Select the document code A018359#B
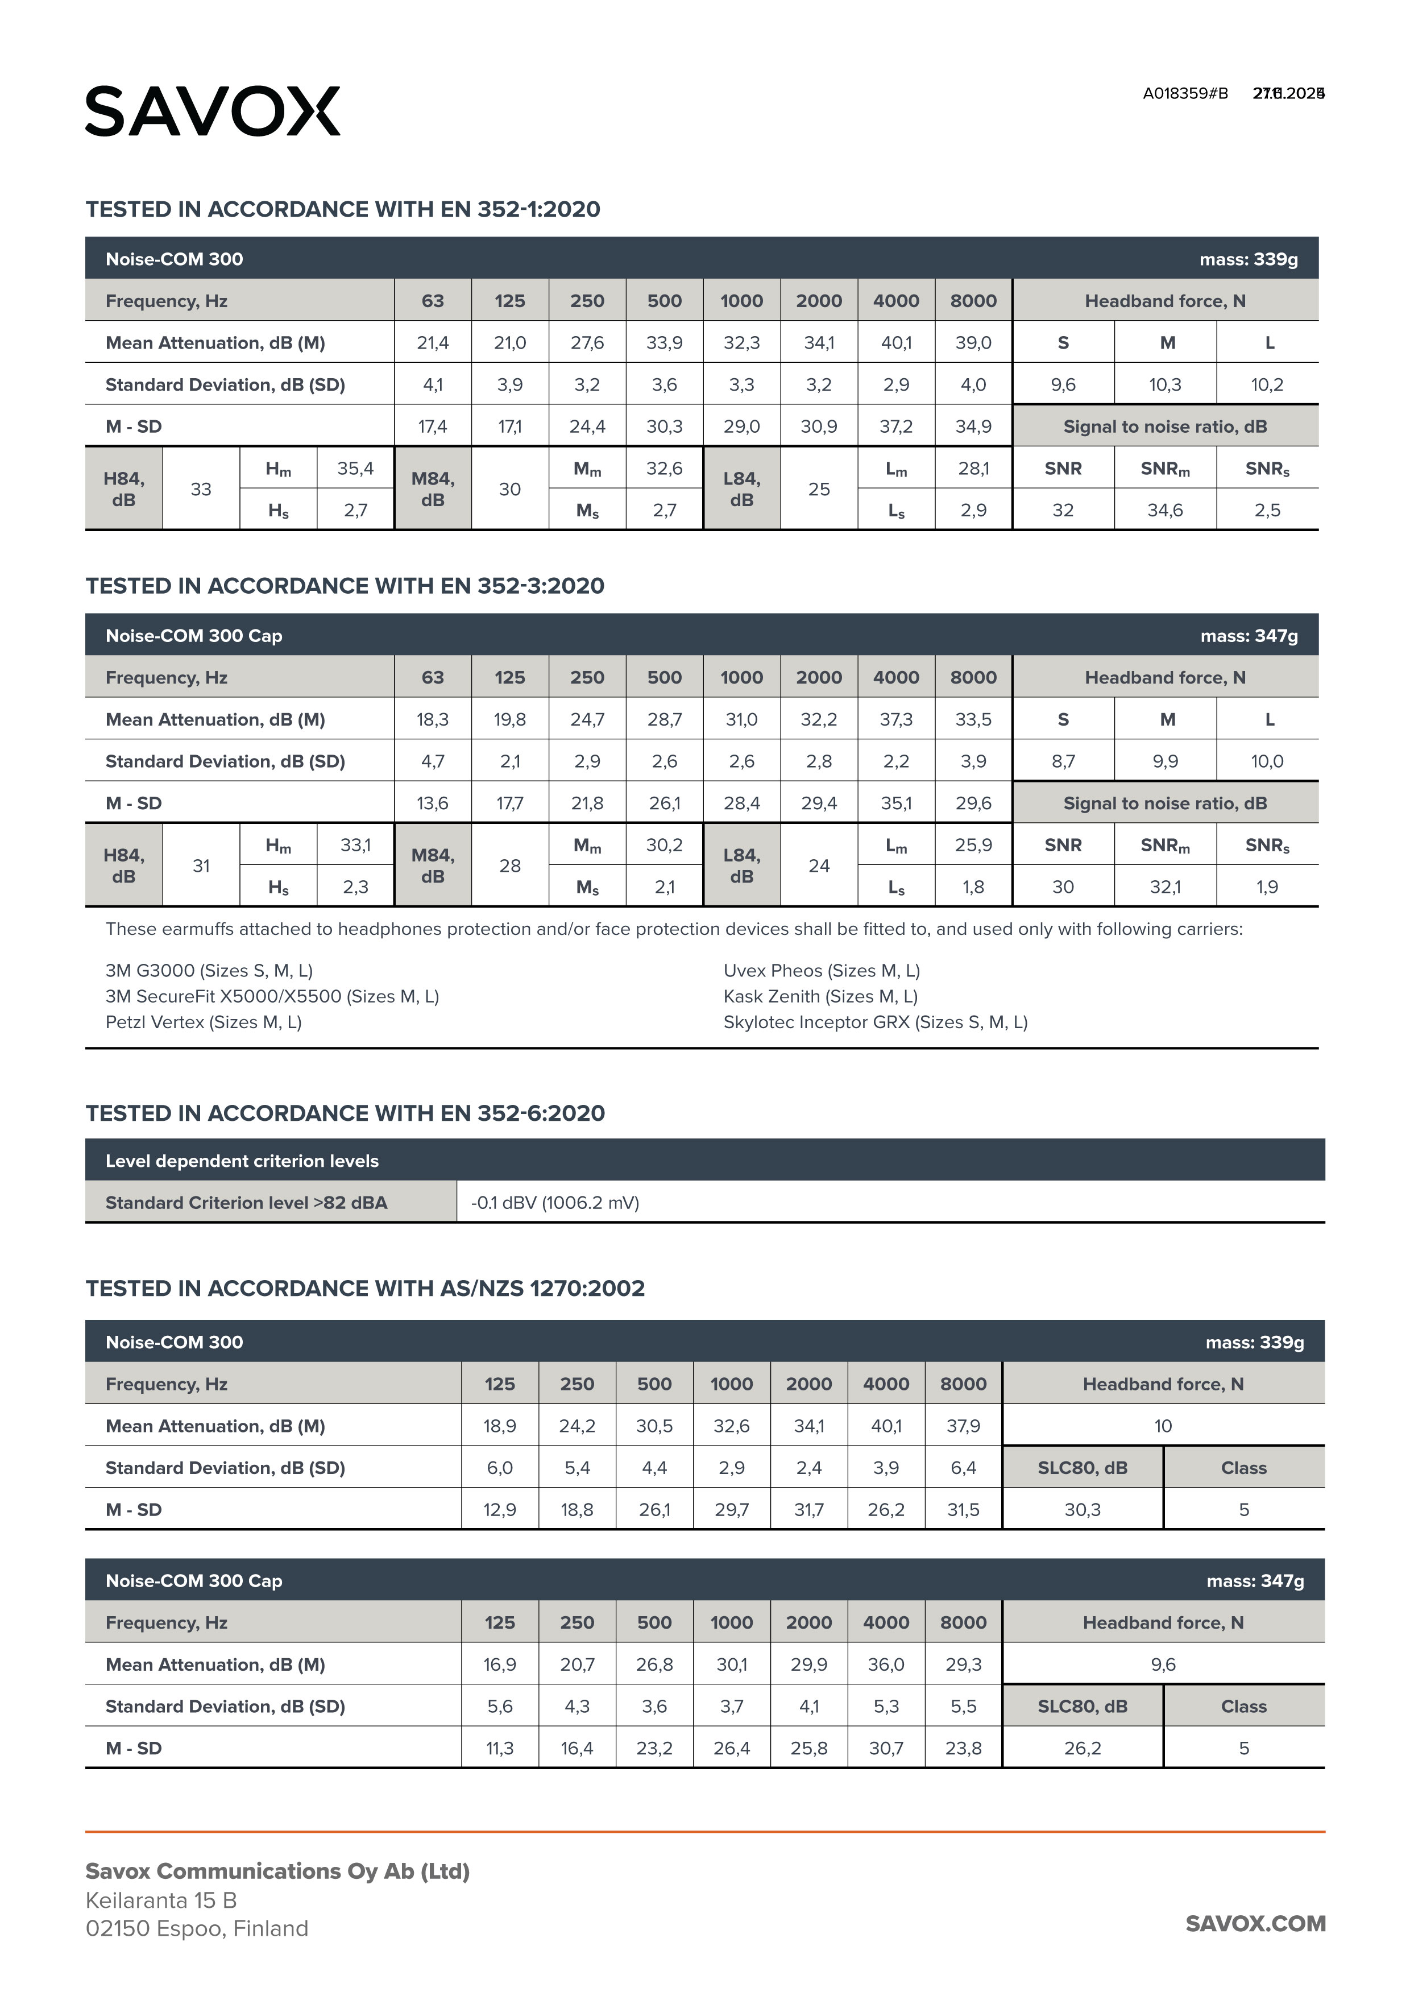1185,94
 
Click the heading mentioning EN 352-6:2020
345,1113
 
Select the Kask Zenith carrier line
820,996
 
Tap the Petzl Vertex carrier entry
204,1022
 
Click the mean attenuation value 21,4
432,342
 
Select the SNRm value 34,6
1165,510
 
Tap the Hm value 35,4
355,469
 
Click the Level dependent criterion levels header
242,1161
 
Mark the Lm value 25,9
973,845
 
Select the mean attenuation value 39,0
973,342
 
